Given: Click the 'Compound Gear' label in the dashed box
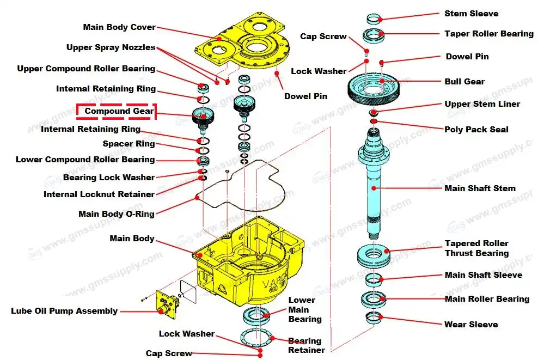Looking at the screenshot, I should click(x=119, y=112).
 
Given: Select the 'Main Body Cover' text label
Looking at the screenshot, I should click(x=119, y=27).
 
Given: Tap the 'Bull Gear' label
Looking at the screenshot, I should click(x=464, y=82).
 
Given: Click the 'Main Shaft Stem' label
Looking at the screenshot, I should click(x=480, y=188).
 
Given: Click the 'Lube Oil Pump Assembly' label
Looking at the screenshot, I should click(x=64, y=311).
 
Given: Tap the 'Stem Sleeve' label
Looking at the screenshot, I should click(x=471, y=14).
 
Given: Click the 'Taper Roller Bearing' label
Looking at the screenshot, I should click(x=488, y=34).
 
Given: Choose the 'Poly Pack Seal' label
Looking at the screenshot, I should click(x=476, y=130).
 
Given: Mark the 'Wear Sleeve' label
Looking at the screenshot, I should click(x=471, y=325).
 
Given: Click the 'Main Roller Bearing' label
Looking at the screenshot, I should click(x=487, y=299).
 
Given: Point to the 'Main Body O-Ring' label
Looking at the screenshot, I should click(x=116, y=214).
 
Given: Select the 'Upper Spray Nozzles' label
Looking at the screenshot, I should click(x=111, y=47).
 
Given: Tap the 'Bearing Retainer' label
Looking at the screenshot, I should click(x=306, y=346).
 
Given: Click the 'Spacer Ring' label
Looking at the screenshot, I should click(x=129, y=144).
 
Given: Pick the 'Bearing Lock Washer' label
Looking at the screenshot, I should click(x=108, y=178).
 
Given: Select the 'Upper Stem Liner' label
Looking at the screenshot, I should click(x=482, y=104).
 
